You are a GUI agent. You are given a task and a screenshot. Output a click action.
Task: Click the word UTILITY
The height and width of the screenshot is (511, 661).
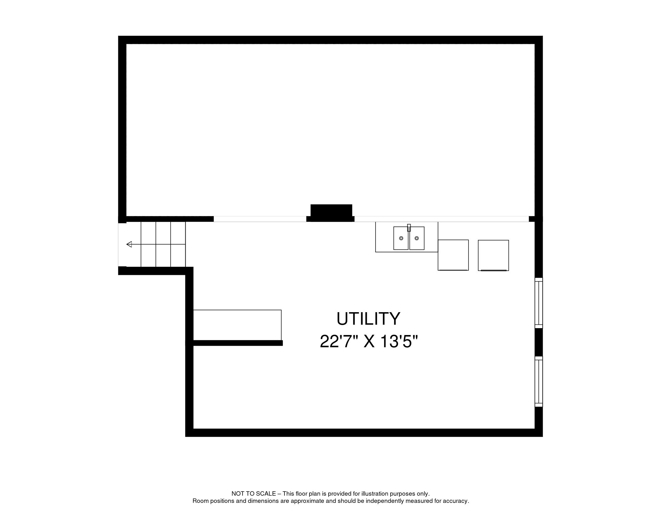(x=368, y=319)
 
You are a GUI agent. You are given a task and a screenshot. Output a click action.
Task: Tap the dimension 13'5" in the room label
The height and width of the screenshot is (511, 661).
(x=399, y=342)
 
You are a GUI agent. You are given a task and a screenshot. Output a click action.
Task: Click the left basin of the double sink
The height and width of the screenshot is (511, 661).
(x=401, y=238)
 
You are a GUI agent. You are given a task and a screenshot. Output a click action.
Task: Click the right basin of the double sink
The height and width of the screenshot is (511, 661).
(x=417, y=238)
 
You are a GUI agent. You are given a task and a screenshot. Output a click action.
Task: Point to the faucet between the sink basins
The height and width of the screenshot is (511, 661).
(x=409, y=228)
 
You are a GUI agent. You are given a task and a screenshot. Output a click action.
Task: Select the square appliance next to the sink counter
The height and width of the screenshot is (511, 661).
(x=453, y=255)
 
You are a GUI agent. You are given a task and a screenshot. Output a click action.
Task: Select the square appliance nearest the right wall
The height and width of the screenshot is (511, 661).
(x=493, y=255)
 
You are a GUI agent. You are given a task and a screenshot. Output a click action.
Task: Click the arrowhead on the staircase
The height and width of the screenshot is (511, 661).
(x=129, y=244)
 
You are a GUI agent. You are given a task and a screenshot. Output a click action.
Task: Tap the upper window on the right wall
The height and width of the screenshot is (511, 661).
(x=538, y=303)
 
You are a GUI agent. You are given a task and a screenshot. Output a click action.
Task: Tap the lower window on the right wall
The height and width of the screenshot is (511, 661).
(x=538, y=381)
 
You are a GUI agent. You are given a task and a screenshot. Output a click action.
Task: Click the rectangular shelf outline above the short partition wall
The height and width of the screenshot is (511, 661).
(x=237, y=325)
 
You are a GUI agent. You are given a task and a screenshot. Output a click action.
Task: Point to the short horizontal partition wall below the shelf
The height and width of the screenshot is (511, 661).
(x=238, y=343)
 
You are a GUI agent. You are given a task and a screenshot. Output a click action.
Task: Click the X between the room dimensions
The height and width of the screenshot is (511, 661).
(x=369, y=342)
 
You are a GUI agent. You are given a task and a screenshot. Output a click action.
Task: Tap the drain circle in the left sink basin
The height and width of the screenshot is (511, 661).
(x=401, y=238)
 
